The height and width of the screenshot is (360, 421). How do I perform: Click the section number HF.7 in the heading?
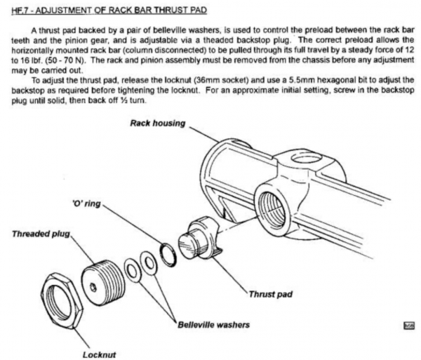coord(16,9)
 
